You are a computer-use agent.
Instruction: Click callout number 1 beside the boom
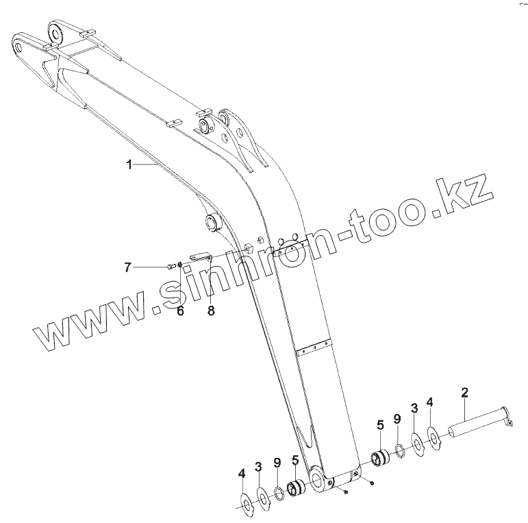[x=128, y=165]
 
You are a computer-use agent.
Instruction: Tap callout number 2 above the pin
[x=464, y=393]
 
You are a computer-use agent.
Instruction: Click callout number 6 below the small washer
[x=181, y=292]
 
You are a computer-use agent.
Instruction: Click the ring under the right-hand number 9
[x=399, y=449]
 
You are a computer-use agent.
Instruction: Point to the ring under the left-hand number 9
[x=279, y=494]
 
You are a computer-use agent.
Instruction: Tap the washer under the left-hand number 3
[x=262, y=498]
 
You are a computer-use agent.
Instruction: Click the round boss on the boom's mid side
[x=212, y=221]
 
